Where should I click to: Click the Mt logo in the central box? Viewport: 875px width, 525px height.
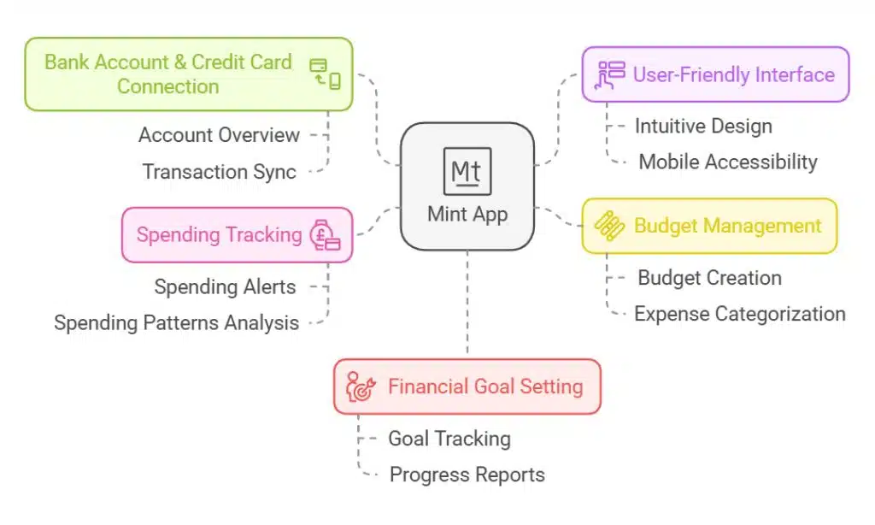pyautogui.click(x=467, y=171)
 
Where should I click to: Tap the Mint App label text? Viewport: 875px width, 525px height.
pyautogui.click(x=467, y=214)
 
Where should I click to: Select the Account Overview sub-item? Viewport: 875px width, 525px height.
pyautogui.click(x=219, y=135)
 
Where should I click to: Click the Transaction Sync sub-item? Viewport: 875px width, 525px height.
pyautogui.click(x=219, y=172)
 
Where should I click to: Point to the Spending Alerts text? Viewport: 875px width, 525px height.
pyautogui.click(x=225, y=286)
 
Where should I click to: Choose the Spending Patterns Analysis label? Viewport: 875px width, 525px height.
pyautogui.click(x=176, y=322)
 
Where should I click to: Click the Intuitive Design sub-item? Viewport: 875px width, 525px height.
pyautogui.click(x=702, y=127)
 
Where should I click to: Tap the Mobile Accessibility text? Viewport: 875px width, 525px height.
pyautogui.click(x=727, y=162)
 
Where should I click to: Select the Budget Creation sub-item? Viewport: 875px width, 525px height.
pyautogui.click(x=709, y=278)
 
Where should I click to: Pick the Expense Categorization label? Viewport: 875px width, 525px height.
pyautogui.click(x=739, y=314)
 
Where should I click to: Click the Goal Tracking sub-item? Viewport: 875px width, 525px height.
pyautogui.click(x=449, y=439)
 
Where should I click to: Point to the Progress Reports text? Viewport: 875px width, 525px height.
pyautogui.click(x=467, y=475)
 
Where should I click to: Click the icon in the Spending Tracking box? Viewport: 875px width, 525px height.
pyautogui.click(x=325, y=235)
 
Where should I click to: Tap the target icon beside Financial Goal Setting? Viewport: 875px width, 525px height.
pyautogui.click(x=360, y=386)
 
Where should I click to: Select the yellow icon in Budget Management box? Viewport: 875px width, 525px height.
pyautogui.click(x=609, y=226)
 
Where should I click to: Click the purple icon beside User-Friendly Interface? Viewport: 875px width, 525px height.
pyautogui.click(x=610, y=74)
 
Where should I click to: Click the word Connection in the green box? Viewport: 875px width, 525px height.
pyautogui.click(x=167, y=86)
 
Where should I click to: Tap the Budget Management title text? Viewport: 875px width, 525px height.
pyautogui.click(x=727, y=226)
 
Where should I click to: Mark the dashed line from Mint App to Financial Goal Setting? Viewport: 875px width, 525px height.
pyautogui.click(x=467, y=304)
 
